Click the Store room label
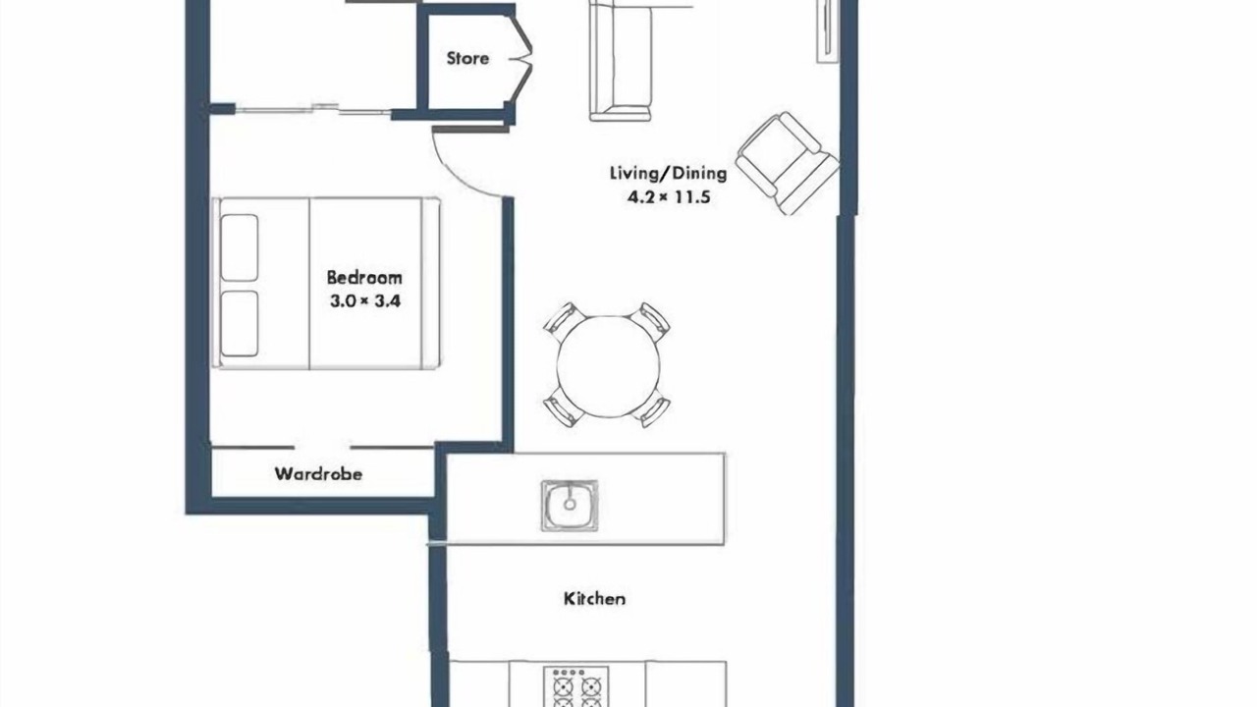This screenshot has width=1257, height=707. point(467,58)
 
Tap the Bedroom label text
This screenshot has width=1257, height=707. point(364,278)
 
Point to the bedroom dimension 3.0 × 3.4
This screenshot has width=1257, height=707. point(364,301)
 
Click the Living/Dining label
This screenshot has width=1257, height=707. point(669,173)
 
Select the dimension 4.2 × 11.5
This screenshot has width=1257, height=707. point(669,197)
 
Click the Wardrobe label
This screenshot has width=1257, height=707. point(318,474)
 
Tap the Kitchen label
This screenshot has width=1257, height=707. point(594,599)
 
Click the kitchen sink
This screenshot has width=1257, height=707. point(569,505)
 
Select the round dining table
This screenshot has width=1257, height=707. point(608,366)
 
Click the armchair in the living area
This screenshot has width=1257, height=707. point(787,163)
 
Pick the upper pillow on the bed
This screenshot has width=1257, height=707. point(240,247)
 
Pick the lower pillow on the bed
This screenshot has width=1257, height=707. point(240,324)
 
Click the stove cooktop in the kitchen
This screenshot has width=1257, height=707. point(576,686)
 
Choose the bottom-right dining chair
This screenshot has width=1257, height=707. point(651,409)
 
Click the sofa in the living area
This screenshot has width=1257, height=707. point(621,61)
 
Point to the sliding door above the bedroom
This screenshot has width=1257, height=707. point(313,109)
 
